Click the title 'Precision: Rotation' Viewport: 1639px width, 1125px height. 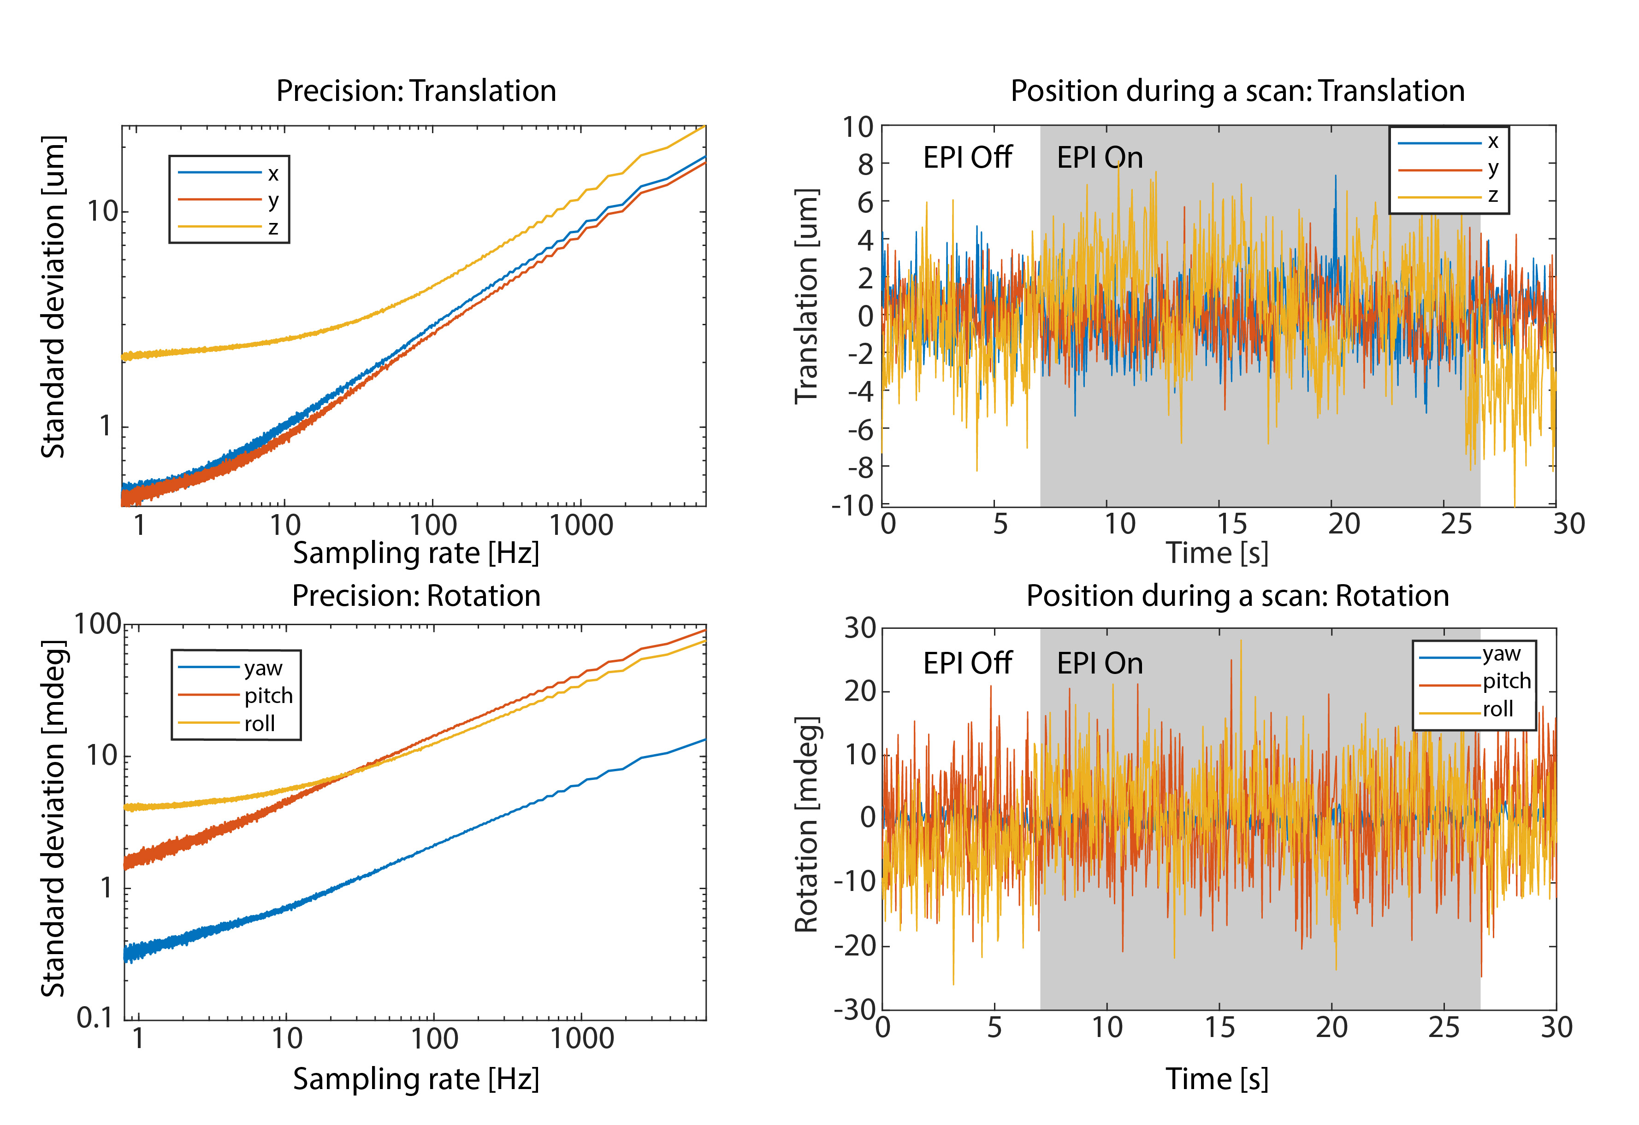click(416, 596)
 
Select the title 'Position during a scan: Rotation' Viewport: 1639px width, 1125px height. click(1237, 596)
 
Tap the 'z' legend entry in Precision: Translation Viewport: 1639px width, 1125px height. click(273, 228)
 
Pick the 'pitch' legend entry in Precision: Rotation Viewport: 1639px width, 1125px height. click(268, 696)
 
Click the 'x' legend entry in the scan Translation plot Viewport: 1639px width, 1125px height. click(1492, 142)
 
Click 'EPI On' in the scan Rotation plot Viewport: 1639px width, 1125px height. click(1100, 663)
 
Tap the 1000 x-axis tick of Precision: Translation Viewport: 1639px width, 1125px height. click(581, 525)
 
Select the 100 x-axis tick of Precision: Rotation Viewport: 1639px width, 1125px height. click(434, 1038)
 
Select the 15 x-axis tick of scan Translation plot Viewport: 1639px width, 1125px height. click(1231, 524)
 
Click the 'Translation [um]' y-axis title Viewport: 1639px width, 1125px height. click(806, 296)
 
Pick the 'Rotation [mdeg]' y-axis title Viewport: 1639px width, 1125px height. click(806, 825)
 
